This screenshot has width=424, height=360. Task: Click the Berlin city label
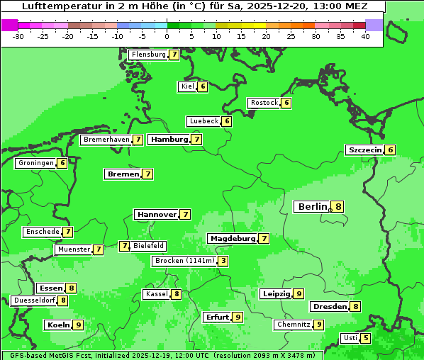coord(312,207)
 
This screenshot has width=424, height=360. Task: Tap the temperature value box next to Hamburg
coord(197,140)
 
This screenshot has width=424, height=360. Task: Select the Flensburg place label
coord(148,55)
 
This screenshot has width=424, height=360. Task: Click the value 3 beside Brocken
coord(223,261)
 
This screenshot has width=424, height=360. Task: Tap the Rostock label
coord(264,103)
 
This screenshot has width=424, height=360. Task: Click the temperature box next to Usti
coord(366,338)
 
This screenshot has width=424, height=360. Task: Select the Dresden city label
coord(329,307)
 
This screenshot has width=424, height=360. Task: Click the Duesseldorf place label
coord(33,300)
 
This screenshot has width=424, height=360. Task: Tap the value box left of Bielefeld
coord(125,246)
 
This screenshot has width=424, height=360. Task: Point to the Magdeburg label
coord(232,239)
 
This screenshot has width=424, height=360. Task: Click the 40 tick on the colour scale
coord(365,36)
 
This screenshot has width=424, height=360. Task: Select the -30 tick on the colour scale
coord(18,36)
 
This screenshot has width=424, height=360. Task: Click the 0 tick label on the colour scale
coord(167,36)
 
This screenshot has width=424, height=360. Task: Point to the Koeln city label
coord(57,325)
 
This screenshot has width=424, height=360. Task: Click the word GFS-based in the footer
coord(26,355)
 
